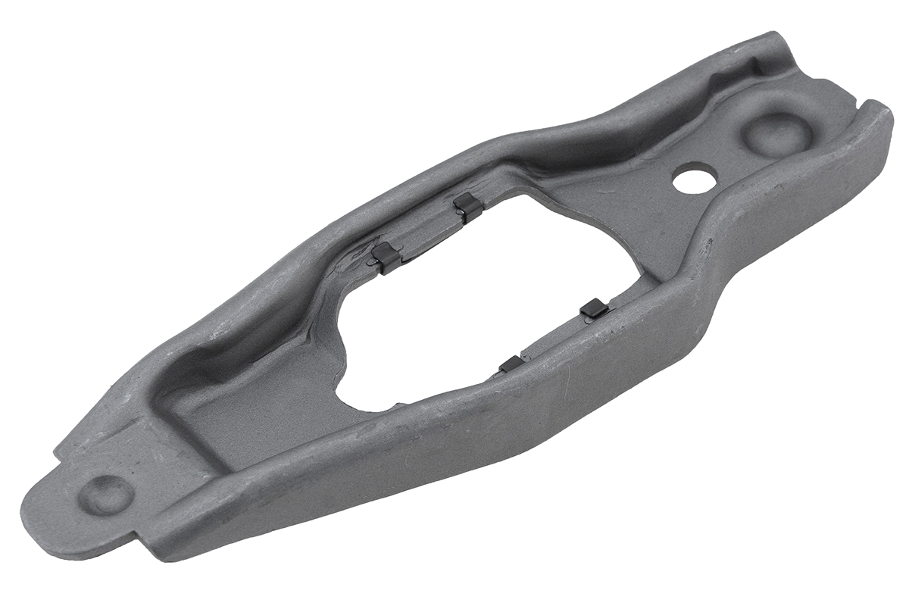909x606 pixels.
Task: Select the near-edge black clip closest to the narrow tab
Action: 511,364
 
